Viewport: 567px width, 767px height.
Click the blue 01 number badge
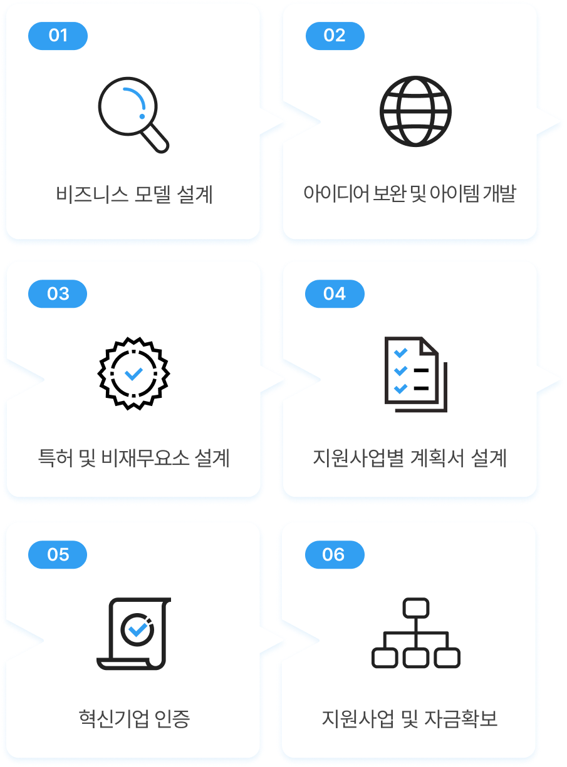pyautogui.click(x=58, y=36)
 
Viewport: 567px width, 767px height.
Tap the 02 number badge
pyautogui.click(x=335, y=36)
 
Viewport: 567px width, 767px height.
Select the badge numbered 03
pyautogui.click(x=58, y=294)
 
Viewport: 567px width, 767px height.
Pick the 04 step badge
pyautogui.click(x=335, y=294)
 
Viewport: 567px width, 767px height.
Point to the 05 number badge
pyautogui.click(x=58, y=555)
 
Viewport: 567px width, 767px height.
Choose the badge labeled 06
pyautogui.click(x=335, y=555)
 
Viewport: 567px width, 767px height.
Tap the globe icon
pyautogui.click(x=415, y=111)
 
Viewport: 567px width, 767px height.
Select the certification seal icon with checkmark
pyautogui.click(x=133, y=373)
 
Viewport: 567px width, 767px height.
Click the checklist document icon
pyautogui.click(x=415, y=374)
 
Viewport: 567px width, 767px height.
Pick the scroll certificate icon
pyautogui.click(x=133, y=633)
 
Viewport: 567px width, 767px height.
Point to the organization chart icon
pyautogui.click(x=415, y=633)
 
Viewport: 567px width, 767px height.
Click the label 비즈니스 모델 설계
pyautogui.click(x=134, y=195)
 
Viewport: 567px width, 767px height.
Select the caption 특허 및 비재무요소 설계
pyautogui.click(x=134, y=459)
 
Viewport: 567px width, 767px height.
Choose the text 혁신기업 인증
pyautogui.click(x=134, y=718)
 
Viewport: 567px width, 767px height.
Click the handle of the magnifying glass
pyautogui.click(x=157, y=141)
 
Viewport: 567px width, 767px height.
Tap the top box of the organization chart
pyautogui.click(x=415, y=607)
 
